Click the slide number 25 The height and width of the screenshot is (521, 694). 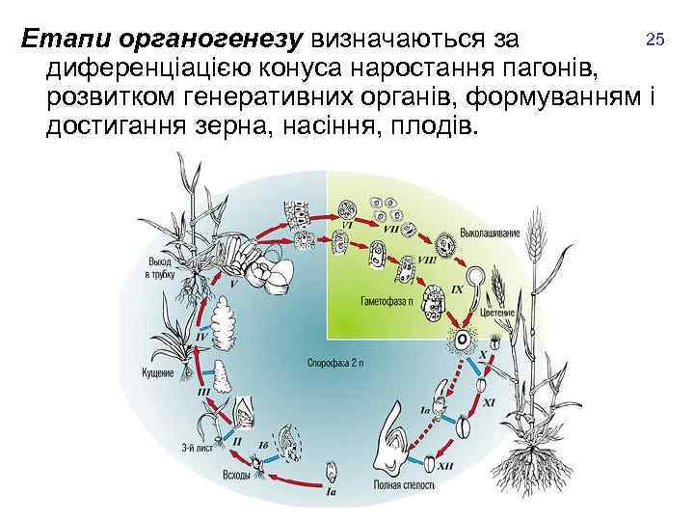point(656,40)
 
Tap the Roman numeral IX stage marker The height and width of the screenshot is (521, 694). point(458,288)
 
